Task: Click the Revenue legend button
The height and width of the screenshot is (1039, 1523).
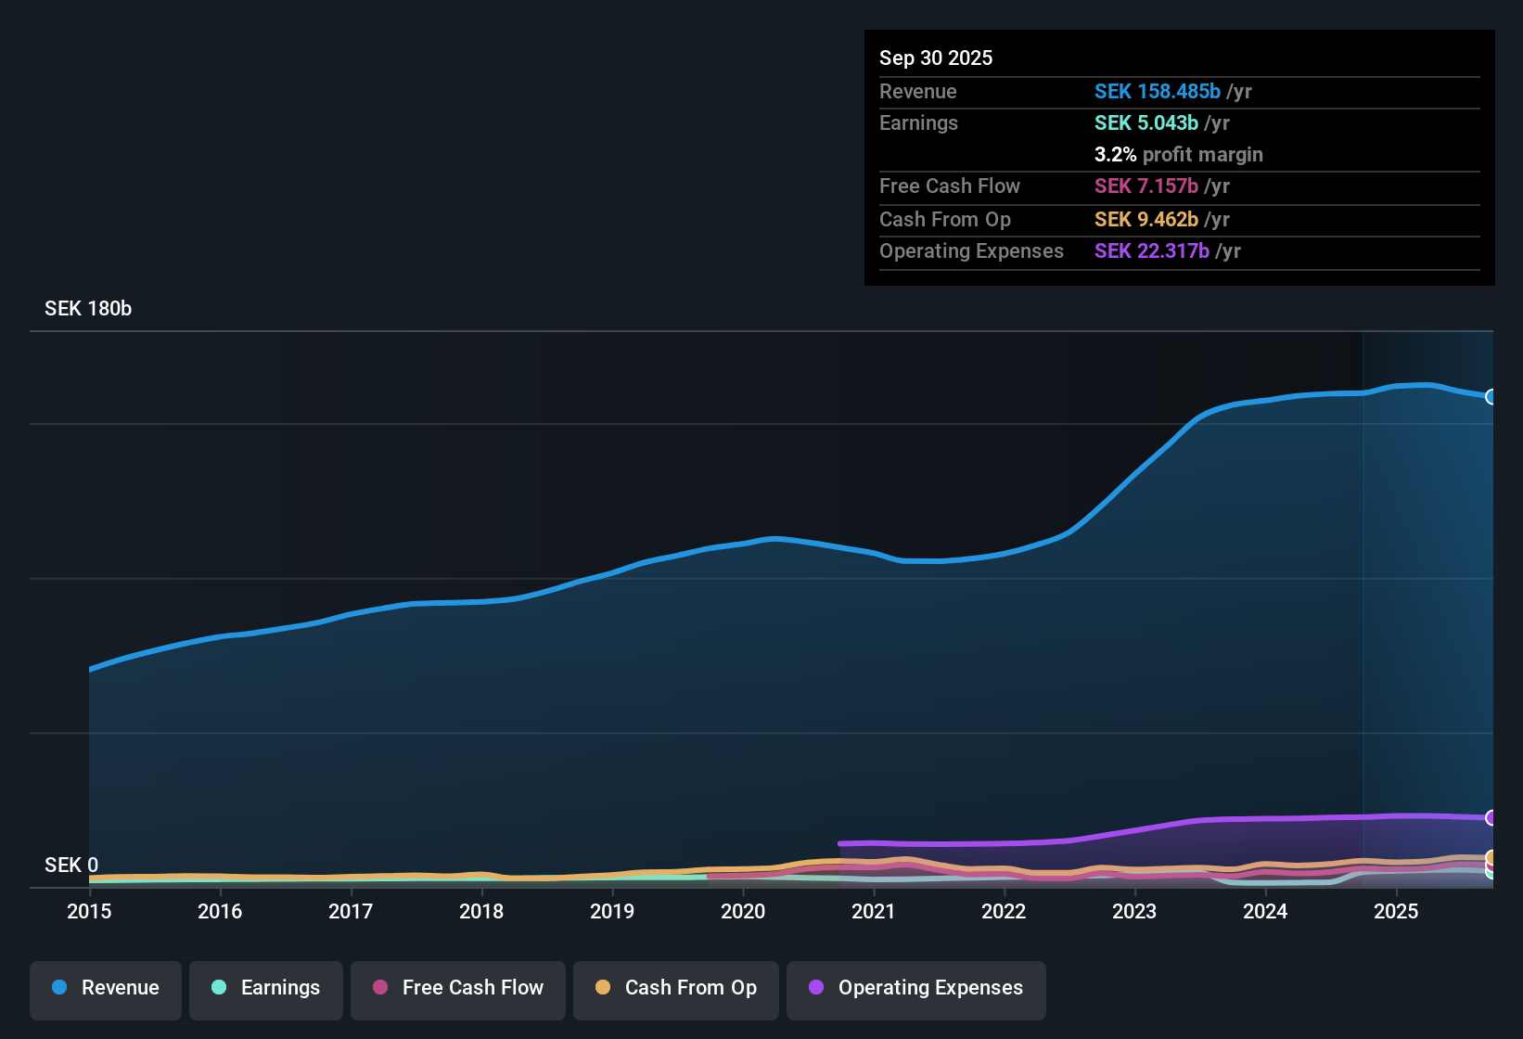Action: click(106, 988)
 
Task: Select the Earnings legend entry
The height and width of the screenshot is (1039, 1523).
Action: click(266, 988)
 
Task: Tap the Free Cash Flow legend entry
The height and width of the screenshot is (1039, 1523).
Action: click(458, 988)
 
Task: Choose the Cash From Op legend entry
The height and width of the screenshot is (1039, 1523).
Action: click(676, 988)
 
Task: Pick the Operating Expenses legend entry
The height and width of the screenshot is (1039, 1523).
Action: click(916, 988)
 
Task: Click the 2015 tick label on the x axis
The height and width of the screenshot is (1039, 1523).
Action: click(89, 911)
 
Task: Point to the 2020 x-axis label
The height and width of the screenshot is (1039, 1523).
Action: click(743, 911)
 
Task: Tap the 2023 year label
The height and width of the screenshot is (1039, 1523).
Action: click(1134, 911)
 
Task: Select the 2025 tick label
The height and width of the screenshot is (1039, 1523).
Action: click(1396, 911)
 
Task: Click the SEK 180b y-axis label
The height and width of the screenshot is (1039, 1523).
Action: click(88, 309)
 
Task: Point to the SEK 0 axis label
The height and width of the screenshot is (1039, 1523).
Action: click(71, 865)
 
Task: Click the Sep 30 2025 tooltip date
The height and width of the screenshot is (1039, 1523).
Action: click(936, 58)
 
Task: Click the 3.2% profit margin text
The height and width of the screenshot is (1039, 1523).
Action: click(1178, 154)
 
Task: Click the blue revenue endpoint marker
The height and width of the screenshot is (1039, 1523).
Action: click(1491, 397)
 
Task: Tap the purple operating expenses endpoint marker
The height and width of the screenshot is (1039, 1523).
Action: click(1491, 817)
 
